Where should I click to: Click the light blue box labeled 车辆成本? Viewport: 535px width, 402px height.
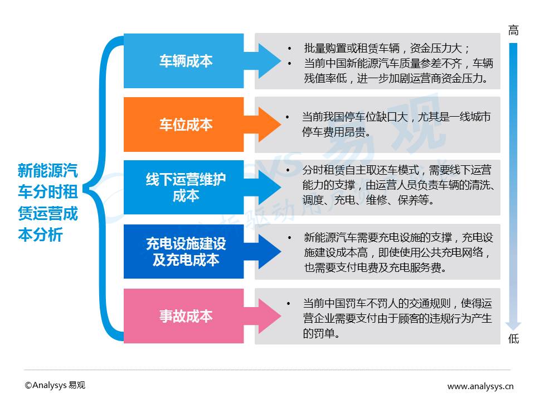(183, 61)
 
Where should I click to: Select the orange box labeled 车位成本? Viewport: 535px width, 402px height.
(183, 125)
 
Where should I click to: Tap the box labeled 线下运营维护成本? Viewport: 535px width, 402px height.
(183, 188)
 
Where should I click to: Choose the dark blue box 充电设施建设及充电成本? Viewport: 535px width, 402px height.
(183, 251)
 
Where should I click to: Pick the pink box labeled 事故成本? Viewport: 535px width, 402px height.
(183, 315)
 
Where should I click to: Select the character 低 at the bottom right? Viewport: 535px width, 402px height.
(513, 339)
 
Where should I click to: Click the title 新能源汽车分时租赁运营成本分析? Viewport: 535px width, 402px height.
(47, 202)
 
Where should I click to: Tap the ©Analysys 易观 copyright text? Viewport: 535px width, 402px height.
(55, 385)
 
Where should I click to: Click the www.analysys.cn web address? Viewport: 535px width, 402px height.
(480, 386)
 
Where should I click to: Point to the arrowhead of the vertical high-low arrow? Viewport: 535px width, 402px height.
(513, 326)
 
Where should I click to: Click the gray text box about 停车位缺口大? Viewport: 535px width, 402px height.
(377, 125)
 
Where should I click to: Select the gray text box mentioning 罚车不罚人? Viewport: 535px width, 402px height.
(377, 316)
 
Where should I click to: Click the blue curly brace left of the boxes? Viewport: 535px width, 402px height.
(106, 188)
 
